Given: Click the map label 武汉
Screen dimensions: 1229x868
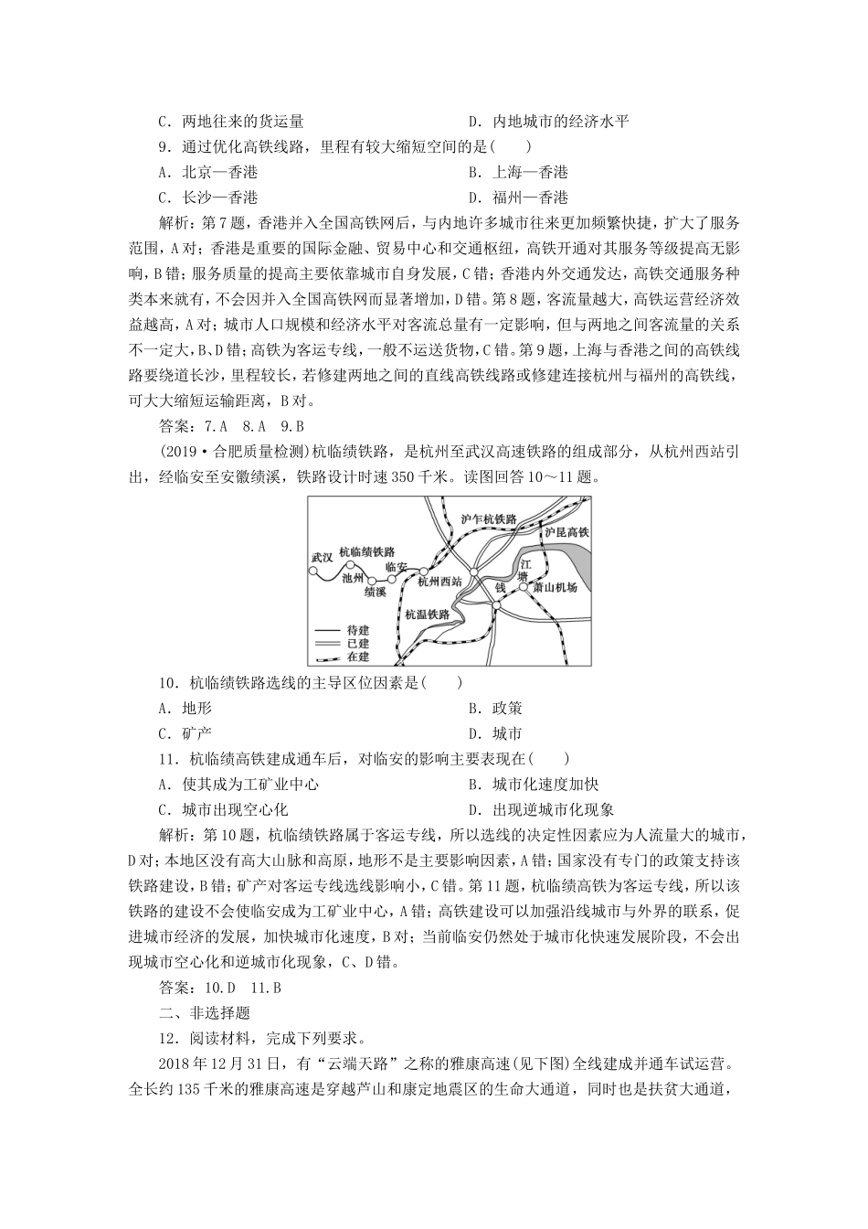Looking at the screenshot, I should click(323, 557).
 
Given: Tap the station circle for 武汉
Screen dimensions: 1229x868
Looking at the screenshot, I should click(312, 573).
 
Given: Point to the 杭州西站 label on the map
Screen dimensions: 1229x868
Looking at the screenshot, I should click(439, 580).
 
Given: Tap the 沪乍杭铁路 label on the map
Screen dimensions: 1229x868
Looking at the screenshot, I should click(489, 518).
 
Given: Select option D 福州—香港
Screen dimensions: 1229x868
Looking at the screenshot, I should click(518, 197).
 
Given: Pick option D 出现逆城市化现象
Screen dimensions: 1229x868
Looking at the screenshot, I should click(541, 809).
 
